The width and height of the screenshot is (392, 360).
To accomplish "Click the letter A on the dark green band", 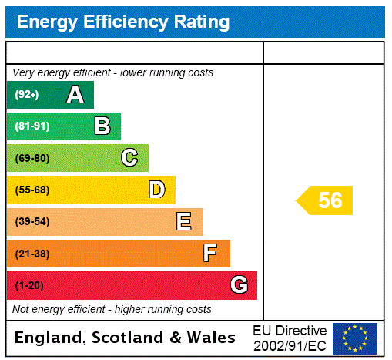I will click(x=75, y=95).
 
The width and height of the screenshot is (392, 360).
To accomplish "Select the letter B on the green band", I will click(x=102, y=126).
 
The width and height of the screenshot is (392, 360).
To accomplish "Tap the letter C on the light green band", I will click(x=129, y=158).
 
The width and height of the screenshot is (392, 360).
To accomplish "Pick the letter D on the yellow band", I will click(x=156, y=190).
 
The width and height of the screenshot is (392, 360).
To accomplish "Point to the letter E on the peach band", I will click(x=184, y=222).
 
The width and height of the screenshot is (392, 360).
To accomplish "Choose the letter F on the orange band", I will click(x=210, y=254).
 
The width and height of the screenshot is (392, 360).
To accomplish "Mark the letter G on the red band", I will click(x=239, y=285).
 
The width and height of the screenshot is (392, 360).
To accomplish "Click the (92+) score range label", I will click(x=27, y=95).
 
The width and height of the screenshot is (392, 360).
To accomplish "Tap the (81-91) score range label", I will click(x=32, y=126).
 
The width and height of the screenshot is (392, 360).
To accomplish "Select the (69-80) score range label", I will click(x=32, y=158).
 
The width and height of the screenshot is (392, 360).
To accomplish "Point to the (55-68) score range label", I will click(x=32, y=190).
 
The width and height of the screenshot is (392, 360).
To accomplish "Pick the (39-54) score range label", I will click(x=32, y=222).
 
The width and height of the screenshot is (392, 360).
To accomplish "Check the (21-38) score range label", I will click(x=32, y=254).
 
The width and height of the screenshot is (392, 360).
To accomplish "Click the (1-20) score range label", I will click(x=29, y=285).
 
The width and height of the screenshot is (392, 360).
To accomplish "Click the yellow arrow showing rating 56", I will click(x=326, y=200).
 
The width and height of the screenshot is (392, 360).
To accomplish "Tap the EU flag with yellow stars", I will click(x=355, y=338).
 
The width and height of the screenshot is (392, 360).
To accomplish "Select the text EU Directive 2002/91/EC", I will click(x=290, y=338).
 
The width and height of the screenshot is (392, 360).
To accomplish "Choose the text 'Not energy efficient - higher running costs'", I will click(x=112, y=309).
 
